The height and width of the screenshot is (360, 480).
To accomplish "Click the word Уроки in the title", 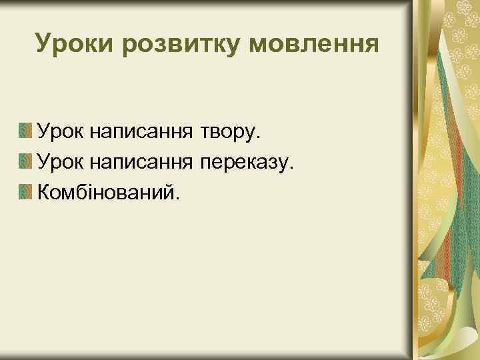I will (x=69, y=44).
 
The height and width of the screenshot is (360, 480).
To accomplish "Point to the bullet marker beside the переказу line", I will (x=25, y=161).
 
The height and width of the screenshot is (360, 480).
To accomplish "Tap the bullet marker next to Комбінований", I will (x=25, y=193).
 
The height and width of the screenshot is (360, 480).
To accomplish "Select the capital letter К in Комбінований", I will (x=45, y=193).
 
